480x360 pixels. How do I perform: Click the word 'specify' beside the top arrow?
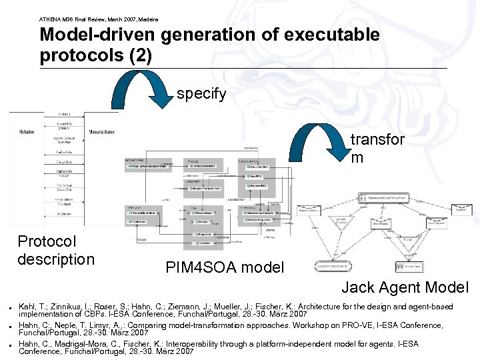[x=201, y=94]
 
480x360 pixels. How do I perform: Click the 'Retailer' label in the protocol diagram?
[x=27, y=132]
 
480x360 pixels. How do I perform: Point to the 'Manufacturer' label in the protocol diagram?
[x=103, y=132]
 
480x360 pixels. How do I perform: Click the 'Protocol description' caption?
[x=56, y=250]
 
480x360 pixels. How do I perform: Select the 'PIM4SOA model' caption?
[x=225, y=268]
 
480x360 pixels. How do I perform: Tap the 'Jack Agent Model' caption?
[x=405, y=288]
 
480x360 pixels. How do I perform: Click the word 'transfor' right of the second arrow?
[x=377, y=141]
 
